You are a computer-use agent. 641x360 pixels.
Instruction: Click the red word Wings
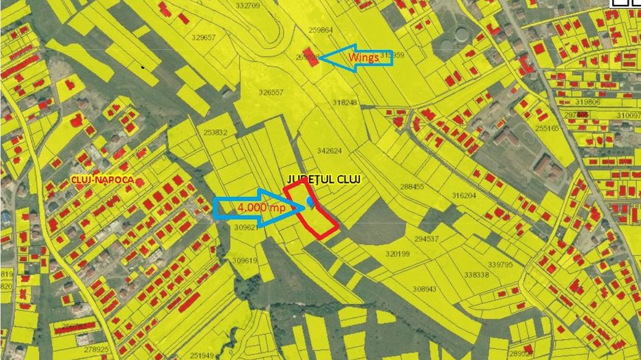(364, 58)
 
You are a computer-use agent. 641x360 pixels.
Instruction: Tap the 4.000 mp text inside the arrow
(262, 207)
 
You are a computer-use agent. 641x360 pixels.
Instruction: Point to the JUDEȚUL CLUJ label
(324, 179)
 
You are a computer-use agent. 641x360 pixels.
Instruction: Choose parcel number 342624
(330, 150)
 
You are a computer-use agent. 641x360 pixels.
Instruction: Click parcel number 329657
(204, 38)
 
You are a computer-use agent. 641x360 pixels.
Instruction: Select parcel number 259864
(320, 30)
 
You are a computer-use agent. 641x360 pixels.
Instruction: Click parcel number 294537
(426, 239)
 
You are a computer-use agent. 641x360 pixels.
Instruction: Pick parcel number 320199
(397, 253)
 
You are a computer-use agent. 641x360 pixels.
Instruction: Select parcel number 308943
(424, 289)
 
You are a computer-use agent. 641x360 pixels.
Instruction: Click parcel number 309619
(244, 260)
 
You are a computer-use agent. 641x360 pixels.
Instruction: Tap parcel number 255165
(547, 128)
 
